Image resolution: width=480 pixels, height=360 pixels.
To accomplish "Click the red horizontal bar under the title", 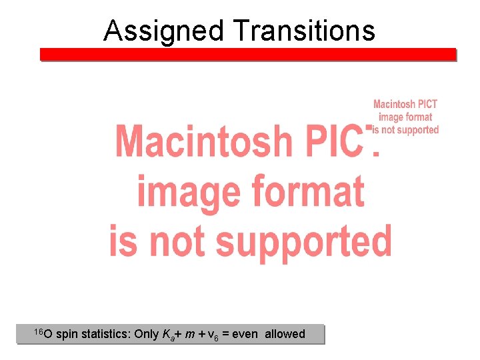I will tap(247, 55).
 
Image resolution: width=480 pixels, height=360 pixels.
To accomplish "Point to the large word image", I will tap(177, 191).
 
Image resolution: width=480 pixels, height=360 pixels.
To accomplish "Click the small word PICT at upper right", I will tap(425, 104).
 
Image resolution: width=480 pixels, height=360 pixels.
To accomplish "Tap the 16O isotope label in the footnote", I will tap(43, 333).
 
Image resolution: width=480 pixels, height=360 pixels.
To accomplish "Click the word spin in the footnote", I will tap(67, 334).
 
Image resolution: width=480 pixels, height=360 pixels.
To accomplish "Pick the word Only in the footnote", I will tap(147, 334).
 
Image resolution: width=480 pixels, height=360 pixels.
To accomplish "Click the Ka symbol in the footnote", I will tap(168, 335).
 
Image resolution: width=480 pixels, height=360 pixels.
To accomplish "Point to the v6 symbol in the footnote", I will tap(212, 335).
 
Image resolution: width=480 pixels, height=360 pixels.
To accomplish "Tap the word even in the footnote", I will tap(245, 334).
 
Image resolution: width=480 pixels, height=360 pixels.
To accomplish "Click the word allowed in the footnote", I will tap(285, 334).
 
